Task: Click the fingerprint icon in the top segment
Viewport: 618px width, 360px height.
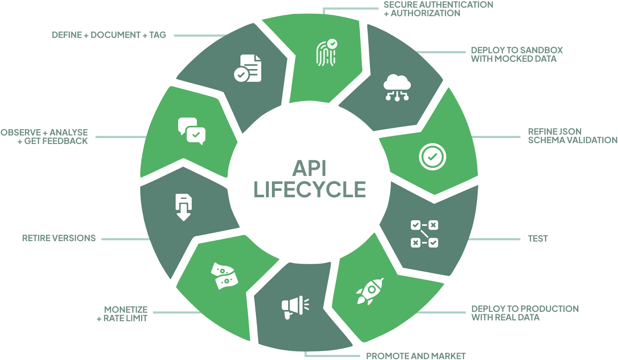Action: click(x=327, y=52)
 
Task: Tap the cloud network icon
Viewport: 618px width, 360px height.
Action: click(x=397, y=87)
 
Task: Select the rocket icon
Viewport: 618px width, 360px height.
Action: click(x=370, y=291)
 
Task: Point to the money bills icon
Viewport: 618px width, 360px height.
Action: click(x=225, y=276)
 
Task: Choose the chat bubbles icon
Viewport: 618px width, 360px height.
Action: click(x=192, y=131)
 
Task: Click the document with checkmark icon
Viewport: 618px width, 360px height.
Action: click(x=248, y=68)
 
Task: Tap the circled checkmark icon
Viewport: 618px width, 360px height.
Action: click(x=432, y=157)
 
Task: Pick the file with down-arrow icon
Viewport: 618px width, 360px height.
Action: click(x=183, y=207)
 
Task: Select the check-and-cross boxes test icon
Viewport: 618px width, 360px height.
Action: click(x=425, y=234)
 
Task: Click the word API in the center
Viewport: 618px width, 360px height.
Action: click(x=309, y=168)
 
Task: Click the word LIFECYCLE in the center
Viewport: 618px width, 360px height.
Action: click(x=309, y=189)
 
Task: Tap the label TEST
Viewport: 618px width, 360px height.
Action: click(x=538, y=238)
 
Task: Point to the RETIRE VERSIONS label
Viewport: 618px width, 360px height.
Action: click(x=59, y=238)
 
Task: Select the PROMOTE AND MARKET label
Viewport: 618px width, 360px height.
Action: click(x=416, y=356)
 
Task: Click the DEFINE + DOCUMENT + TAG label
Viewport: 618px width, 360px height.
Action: click(x=109, y=35)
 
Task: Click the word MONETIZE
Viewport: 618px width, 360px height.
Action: click(x=126, y=310)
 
